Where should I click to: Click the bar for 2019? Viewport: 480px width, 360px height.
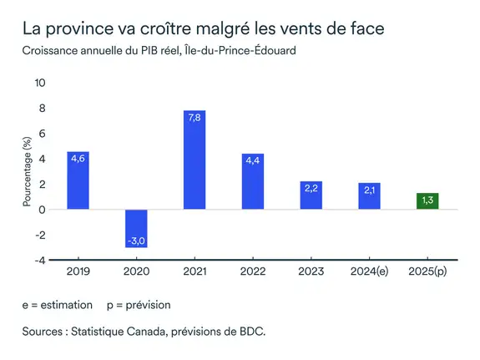tap(78, 180)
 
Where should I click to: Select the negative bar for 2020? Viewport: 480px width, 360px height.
tap(137, 228)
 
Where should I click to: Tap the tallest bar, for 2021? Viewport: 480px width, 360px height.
tap(195, 160)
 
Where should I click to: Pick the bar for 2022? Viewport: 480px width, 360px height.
tap(253, 182)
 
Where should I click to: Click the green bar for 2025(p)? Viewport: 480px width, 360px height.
tap(427, 201)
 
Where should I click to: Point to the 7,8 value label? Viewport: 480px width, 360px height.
tap(195, 118)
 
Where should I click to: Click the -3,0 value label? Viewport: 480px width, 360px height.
tap(137, 241)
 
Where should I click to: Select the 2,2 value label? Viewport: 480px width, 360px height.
tap(311, 189)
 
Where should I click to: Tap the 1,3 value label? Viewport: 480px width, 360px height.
tap(427, 200)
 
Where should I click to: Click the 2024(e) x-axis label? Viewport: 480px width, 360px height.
tap(369, 271)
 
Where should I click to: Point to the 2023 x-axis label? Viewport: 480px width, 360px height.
tap(311, 271)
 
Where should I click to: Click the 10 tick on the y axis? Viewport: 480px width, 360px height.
tap(40, 83)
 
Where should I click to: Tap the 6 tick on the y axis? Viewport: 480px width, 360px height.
tap(42, 134)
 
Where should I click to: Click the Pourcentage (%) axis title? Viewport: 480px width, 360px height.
tap(26, 171)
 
